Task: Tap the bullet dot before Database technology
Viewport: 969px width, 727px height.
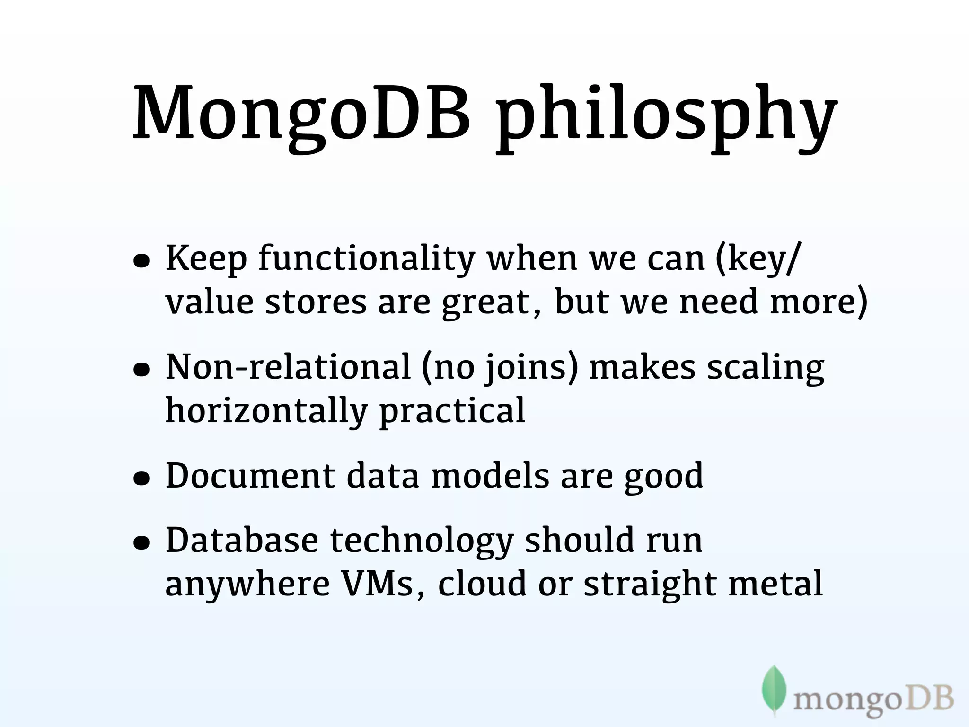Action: [141, 543]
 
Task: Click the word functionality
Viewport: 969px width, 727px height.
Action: [367, 259]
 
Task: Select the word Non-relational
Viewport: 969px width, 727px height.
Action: [288, 368]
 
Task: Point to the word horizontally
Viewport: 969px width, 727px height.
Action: [266, 411]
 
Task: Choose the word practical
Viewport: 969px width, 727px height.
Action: [452, 411]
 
